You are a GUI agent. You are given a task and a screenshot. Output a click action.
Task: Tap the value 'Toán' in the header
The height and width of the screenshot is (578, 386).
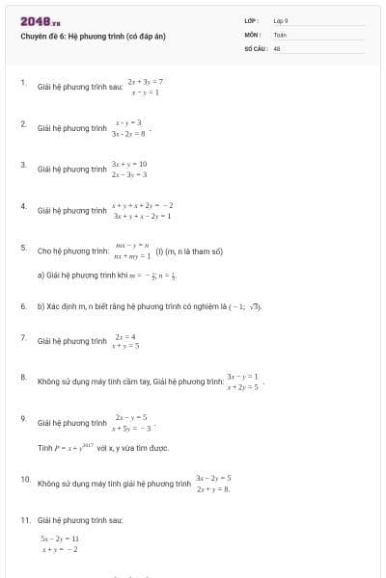point(280,35)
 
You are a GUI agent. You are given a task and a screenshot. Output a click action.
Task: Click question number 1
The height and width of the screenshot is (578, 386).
point(23,84)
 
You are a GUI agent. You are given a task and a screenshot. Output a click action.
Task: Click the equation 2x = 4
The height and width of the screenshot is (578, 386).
point(126,334)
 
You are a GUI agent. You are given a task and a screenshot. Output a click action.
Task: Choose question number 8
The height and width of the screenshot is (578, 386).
point(23,378)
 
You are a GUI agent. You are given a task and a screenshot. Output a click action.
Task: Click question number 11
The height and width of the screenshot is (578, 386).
point(25,519)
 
